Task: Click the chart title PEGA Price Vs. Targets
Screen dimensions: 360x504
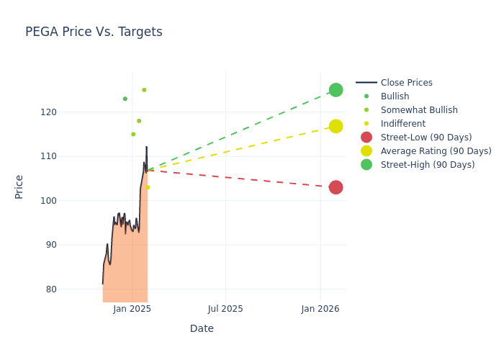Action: [94, 32]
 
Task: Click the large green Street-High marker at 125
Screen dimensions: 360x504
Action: [336, 90]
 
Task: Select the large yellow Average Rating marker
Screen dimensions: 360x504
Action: [336, 126]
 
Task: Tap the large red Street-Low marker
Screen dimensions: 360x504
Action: [336, 187]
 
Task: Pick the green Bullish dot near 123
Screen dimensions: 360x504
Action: [125, 99]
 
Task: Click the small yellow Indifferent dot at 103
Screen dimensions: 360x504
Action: [148, 187]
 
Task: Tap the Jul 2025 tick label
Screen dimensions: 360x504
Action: [225, 309]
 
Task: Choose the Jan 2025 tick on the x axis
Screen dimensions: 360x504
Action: [132, 309]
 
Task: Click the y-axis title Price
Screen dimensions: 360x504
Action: [19, 186]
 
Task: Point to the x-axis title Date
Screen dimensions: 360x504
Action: [202, 329]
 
